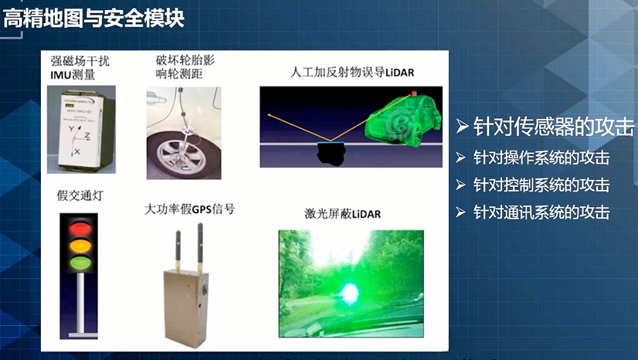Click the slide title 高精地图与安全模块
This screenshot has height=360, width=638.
tap(93, 17)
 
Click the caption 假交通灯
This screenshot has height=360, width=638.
tap(80, 196)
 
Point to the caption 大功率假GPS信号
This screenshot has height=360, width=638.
tap(190, 209)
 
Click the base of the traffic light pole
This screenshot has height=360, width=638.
tap(80, 335)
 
